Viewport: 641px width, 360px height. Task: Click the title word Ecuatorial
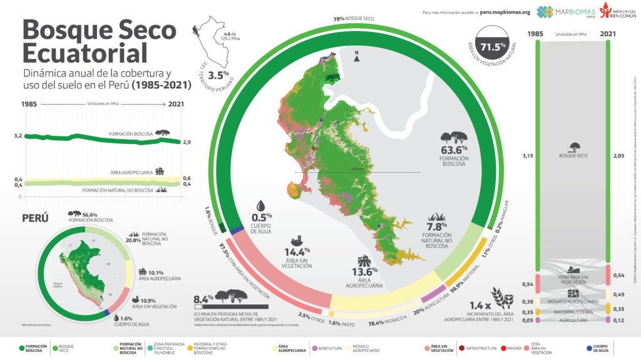[85, 50]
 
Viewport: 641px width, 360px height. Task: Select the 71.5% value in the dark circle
[493, 46]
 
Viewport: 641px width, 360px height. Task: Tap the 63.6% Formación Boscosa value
[455, 153]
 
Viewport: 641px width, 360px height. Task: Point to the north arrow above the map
[356, 57]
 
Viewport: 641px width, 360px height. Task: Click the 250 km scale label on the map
[357, 169]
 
